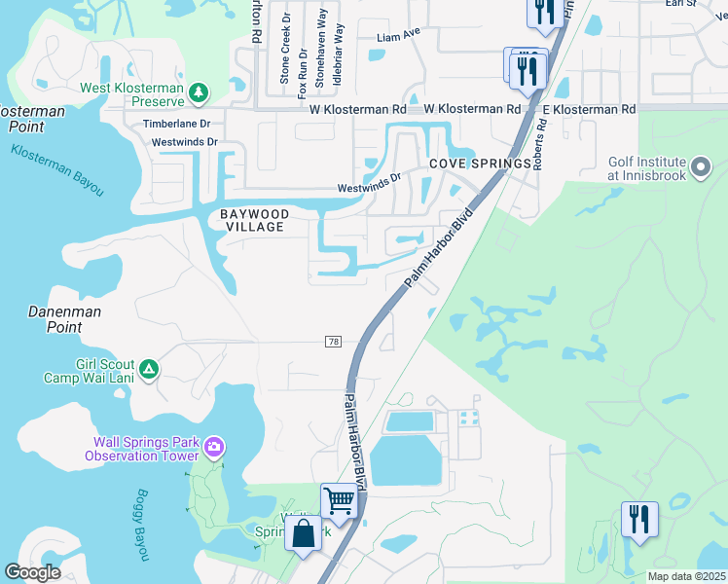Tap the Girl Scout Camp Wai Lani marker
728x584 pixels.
coord(148,369)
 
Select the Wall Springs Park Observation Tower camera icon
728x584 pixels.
coord(214,449)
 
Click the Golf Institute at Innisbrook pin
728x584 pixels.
coord(700,168)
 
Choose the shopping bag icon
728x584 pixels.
coord(304,534)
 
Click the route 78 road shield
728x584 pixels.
coord(334,341)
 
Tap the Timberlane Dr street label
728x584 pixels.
coord(177,125)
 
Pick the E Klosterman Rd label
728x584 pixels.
coord(589,110)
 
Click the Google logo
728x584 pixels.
coord(33,572)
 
